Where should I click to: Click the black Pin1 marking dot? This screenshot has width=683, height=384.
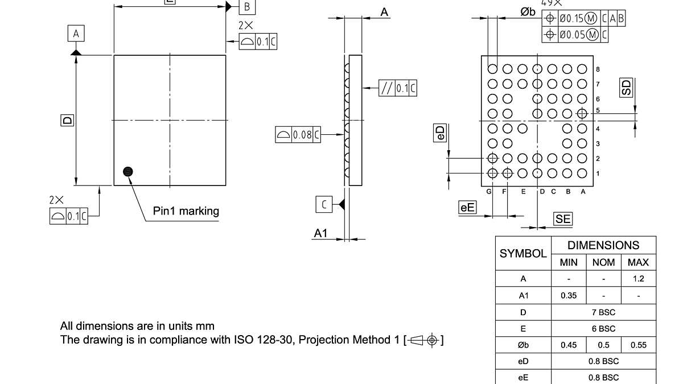[128, 171]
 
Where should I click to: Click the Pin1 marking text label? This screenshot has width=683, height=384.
[186, 211]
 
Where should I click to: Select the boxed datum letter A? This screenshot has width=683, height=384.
[76, 34]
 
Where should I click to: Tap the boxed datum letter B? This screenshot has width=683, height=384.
[247, 7]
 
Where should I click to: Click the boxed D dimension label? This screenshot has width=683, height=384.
[67, 120]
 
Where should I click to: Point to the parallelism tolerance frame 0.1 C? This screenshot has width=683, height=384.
[398, 88]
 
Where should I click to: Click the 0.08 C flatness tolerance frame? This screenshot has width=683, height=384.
[298, 135]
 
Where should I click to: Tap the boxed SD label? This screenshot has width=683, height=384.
[626, 88]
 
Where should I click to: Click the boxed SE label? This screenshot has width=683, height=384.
[562, 219]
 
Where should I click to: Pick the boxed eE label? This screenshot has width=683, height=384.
[467, 208]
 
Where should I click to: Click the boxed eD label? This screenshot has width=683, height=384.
[440, 133]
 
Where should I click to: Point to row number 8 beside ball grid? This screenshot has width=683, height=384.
[598, 69]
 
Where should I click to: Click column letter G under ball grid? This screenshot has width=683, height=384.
[488, 192]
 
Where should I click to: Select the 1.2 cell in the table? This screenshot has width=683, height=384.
[639, 279]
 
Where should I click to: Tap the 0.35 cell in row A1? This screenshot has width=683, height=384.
[569, 296]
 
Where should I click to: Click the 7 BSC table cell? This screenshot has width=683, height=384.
[603, 312]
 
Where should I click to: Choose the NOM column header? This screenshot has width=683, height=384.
[603, 262]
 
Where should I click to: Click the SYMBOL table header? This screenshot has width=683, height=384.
[523, 254]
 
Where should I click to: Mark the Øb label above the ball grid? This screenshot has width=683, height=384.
[528, 12]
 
